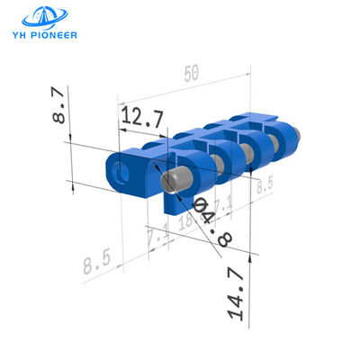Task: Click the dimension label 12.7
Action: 141,115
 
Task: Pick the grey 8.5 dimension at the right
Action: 263,186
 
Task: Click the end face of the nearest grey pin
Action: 171,183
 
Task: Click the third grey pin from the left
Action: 246,153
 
